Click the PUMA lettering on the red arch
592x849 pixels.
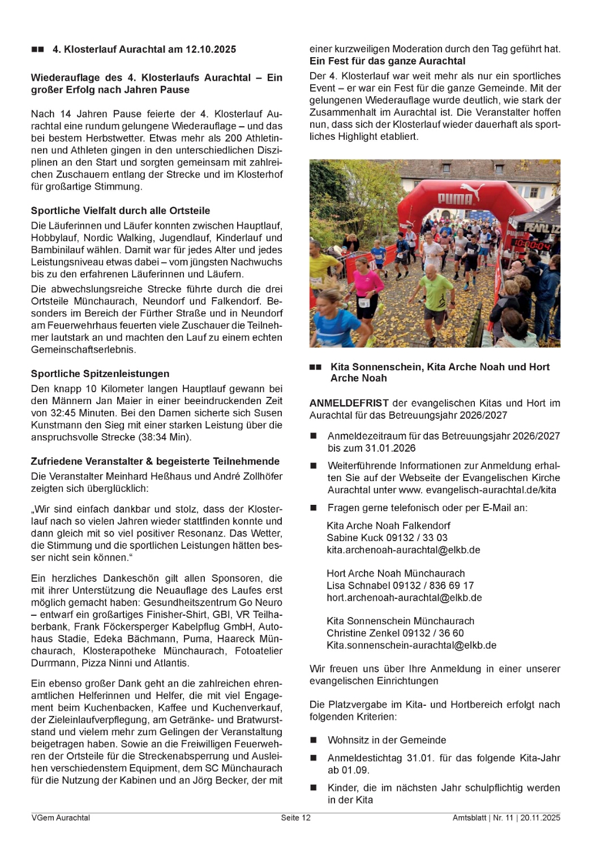coord(455,198)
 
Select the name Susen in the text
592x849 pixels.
coord(268,413)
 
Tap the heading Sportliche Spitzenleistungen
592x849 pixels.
coord(100,374)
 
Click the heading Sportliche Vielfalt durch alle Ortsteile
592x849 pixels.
coord(121,211)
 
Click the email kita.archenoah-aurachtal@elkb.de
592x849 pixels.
coord(403,550)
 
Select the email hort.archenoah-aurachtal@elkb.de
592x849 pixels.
coord(404,597)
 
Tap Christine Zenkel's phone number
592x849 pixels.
coord(433,633)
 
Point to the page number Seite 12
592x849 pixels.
coord(295,818)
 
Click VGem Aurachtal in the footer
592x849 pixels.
coord(61,818)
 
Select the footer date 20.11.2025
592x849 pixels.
coord(540,818)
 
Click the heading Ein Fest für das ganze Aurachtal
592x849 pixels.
coord(387,61)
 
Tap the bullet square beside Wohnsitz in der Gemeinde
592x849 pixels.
coord(314,740)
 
